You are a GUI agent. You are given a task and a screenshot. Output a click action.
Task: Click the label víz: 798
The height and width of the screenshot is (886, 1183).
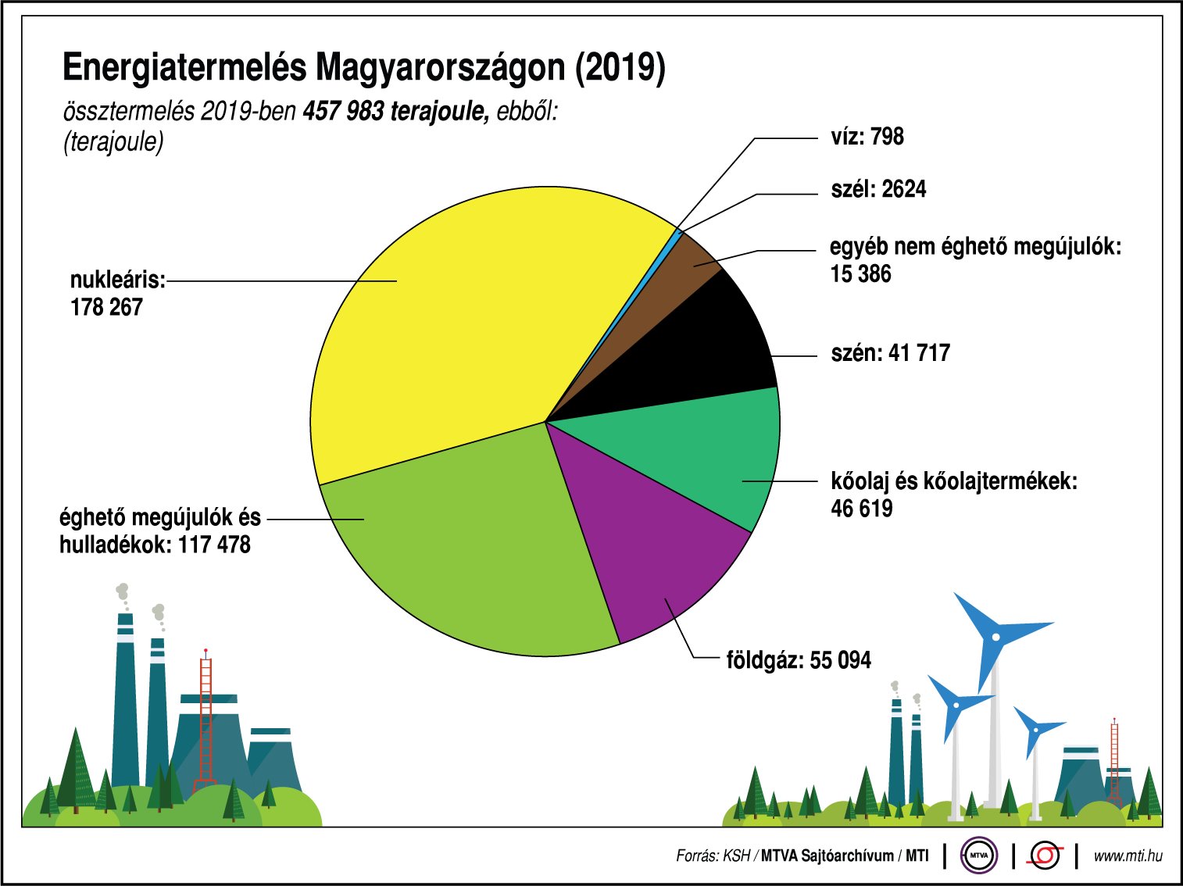867,137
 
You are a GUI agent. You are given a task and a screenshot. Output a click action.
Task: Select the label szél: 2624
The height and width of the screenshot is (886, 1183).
877,189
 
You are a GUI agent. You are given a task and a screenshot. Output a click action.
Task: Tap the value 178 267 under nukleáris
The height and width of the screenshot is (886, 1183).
106,307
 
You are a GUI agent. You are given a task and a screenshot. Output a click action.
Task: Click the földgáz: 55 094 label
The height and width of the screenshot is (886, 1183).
798,660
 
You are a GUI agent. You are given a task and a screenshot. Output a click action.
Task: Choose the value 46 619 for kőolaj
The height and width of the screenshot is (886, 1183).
861,509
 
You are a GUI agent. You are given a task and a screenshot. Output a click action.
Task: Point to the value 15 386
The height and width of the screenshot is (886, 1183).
860,274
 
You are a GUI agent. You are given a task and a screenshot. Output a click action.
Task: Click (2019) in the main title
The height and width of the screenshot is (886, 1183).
620,68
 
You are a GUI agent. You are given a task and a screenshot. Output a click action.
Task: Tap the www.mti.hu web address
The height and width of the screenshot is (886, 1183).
1127,856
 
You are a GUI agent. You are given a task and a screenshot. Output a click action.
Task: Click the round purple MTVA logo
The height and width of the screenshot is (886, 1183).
979,856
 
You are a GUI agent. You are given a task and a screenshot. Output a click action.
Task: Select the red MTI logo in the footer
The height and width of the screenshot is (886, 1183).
1045,856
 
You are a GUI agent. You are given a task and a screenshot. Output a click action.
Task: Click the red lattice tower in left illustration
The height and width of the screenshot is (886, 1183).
206,719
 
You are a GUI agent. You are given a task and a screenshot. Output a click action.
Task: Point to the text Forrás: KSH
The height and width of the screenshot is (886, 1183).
713,856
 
